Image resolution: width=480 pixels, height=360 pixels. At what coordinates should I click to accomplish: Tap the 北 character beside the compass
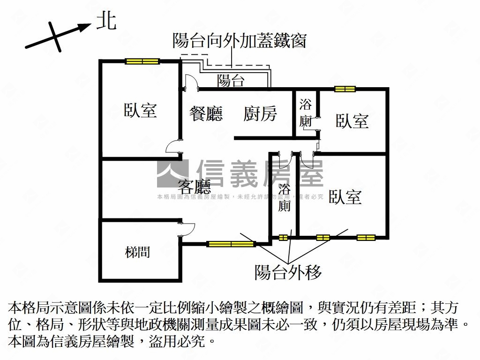[x=106, y=21]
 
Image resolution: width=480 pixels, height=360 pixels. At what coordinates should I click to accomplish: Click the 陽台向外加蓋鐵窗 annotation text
[x=239, y=41]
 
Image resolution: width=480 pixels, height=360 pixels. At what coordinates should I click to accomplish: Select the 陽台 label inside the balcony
[x=231, y=81]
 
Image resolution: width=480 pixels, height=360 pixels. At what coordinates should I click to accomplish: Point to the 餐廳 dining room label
[x=206, y=113]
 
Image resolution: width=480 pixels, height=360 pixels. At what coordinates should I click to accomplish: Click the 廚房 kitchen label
[x=260, y=113]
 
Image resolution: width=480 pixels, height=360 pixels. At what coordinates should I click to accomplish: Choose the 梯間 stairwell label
[x=138, y=252]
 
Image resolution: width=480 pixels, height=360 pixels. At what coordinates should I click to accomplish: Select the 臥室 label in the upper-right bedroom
[x=352, y=121]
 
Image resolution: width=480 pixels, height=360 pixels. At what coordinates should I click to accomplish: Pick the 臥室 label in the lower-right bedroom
[x=345, y=197]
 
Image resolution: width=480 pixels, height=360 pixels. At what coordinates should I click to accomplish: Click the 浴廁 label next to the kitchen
[x=306, y=112]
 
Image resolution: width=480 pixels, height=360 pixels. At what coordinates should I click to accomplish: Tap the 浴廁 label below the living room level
[x=285, y=198]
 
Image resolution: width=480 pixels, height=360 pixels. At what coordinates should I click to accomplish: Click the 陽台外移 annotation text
[x=288, y=272]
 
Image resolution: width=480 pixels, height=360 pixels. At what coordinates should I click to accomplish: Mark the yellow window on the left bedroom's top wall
[x=142, y=61]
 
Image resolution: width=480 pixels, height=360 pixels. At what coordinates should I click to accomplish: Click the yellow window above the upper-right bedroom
[x=345, y=89]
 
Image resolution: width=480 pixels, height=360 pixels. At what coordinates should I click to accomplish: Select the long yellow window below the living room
[x=231, y=243]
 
